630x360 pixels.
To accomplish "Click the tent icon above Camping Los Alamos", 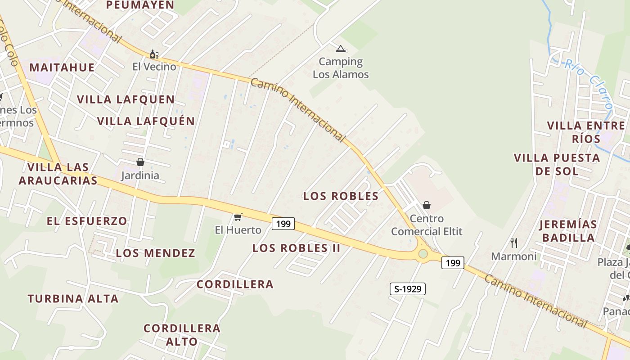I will click(x=341, y=49).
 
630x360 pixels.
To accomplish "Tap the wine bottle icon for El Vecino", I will click(x=154, y=54).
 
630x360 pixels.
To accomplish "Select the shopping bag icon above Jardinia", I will click(x=140, y=162).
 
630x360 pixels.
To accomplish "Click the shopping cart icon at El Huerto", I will click(x=238, y=217).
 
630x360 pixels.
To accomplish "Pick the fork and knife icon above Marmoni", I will click(x=514, y=243).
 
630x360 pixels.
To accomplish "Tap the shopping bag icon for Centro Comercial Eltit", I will click(x=427, y=205).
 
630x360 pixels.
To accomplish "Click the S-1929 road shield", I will click(x=407, y=289).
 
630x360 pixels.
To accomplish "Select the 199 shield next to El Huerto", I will click(x=283, y=223).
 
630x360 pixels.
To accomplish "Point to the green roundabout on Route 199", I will click(x=423, y=254).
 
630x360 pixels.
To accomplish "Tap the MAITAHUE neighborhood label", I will click(x=62, y=67).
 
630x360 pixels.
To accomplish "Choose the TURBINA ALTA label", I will click(x=73, y=298).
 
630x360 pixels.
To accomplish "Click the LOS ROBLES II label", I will click(x=296, y=248).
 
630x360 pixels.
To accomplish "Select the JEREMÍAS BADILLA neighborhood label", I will click(x=568, y=231).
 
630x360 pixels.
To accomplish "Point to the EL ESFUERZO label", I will click(x=87, y=221).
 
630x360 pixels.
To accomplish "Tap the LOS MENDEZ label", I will click(x=156, y=253).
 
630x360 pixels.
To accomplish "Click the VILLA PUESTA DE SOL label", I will click(x=557, y=164).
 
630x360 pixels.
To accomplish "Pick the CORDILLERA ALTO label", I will click(x=182, y=335).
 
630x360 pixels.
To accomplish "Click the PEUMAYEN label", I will click(x=140, y=5).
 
